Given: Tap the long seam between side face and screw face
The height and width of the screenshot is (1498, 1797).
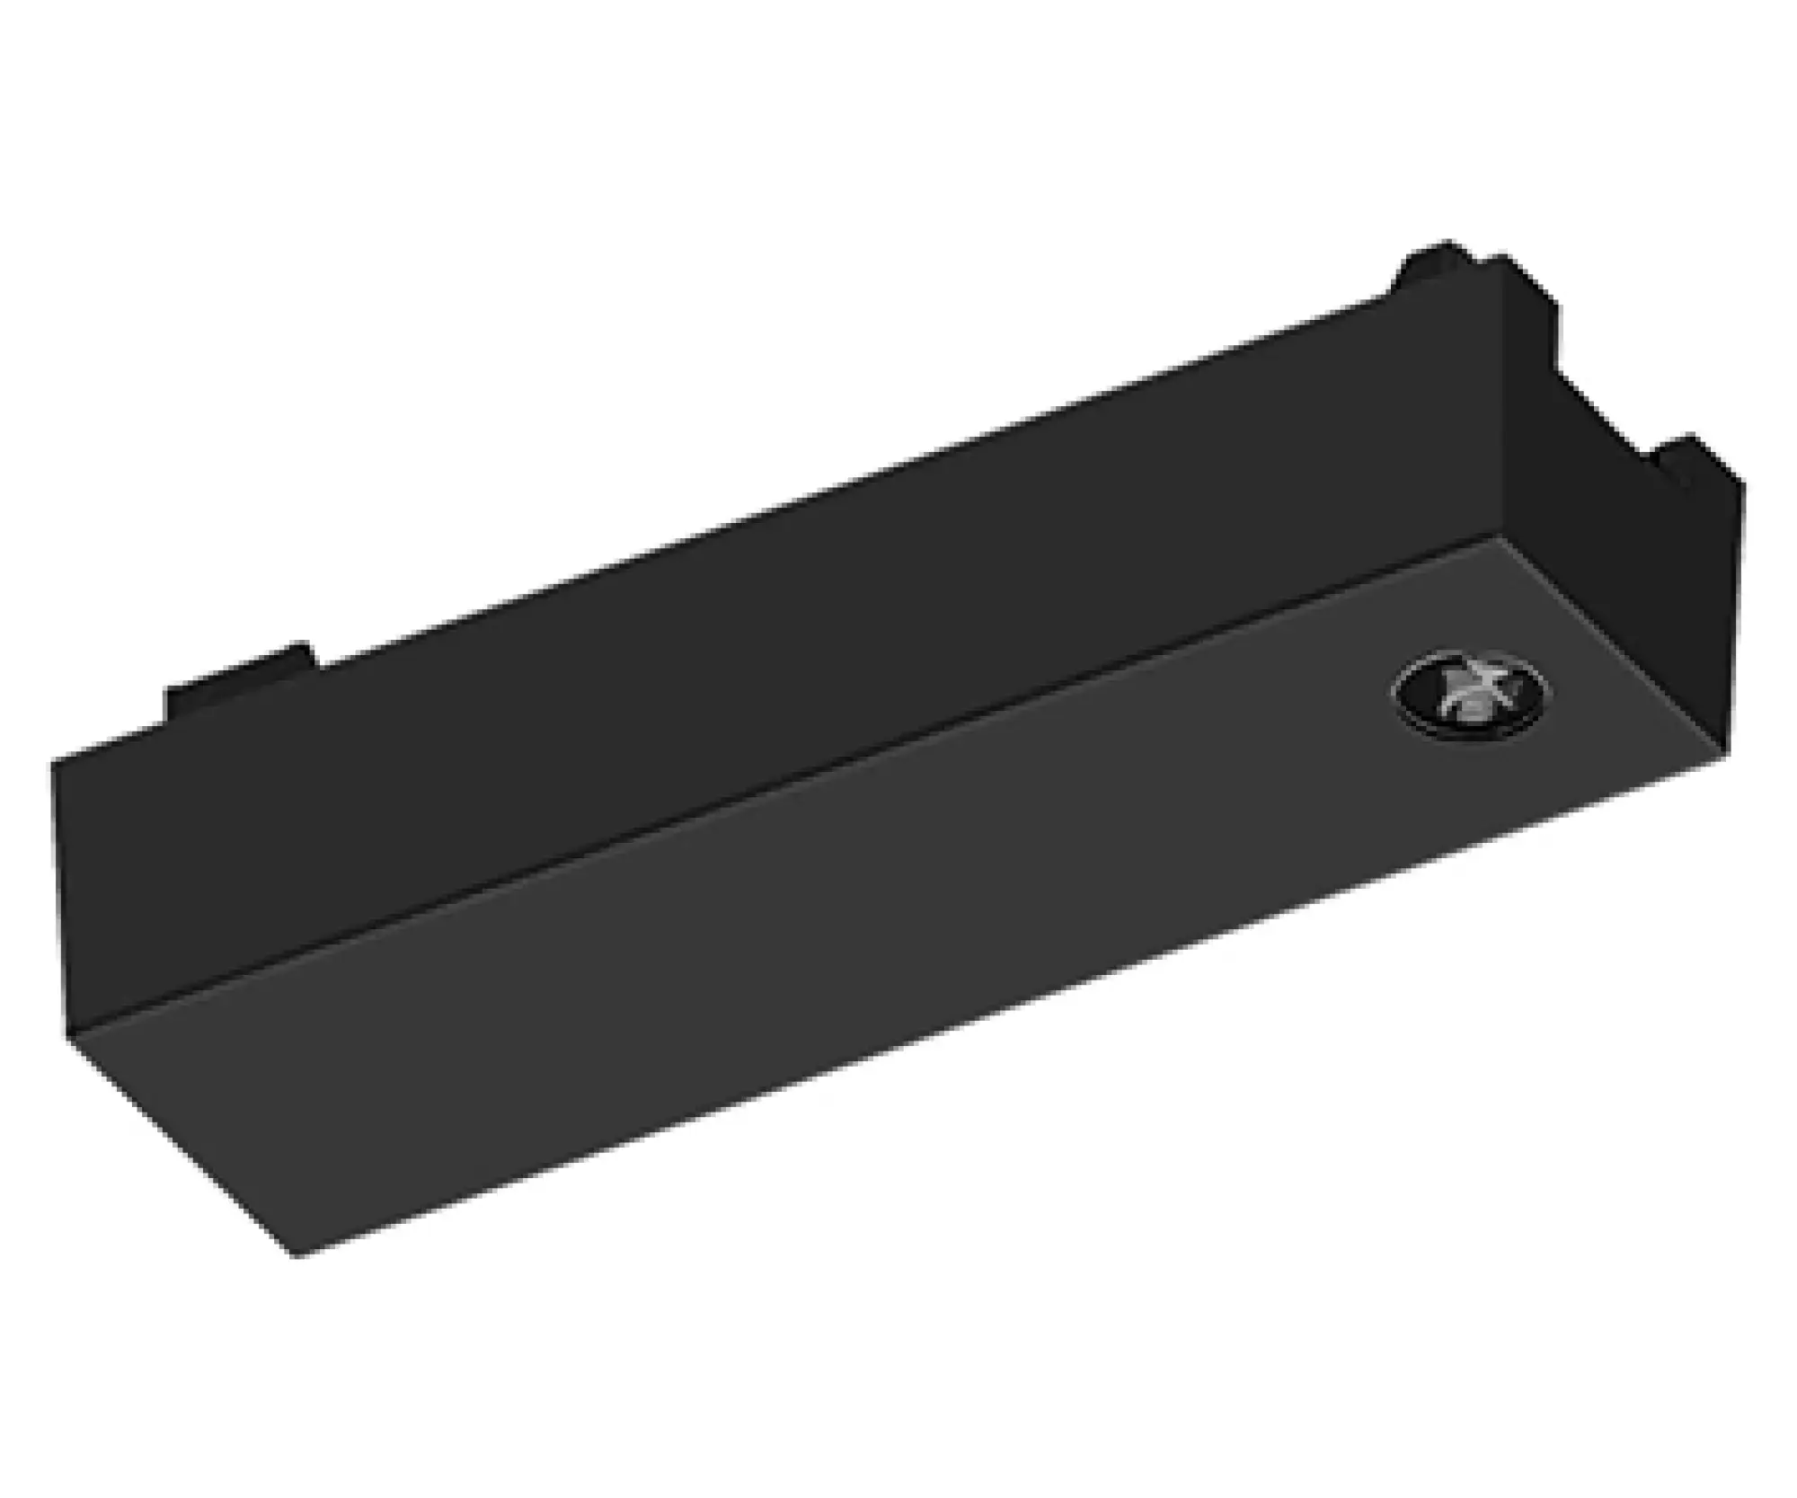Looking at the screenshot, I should point(782,786).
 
